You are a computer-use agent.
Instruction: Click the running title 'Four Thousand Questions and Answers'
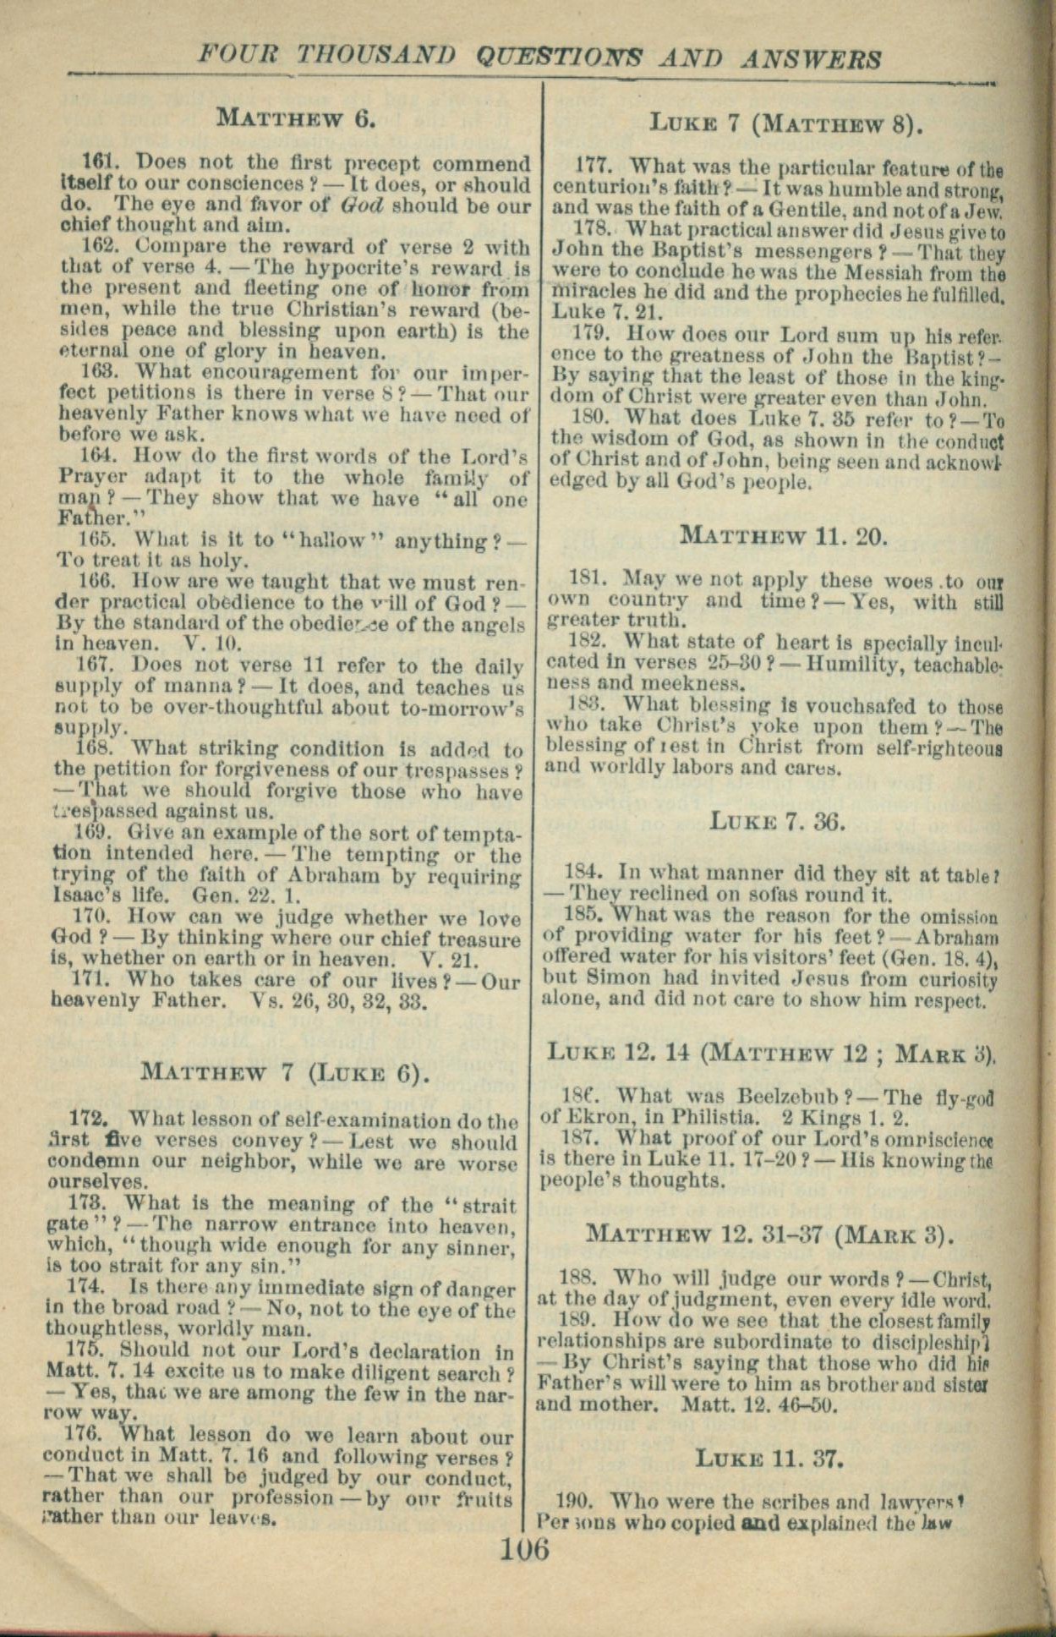(x=539, y=57)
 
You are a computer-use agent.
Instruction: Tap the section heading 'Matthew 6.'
(x=295, y=118)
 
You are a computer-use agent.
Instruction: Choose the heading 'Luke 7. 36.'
(x=777, y=820)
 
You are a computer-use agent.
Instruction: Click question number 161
(x=97, y=163)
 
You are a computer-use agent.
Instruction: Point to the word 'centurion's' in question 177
(x=604, y=185)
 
